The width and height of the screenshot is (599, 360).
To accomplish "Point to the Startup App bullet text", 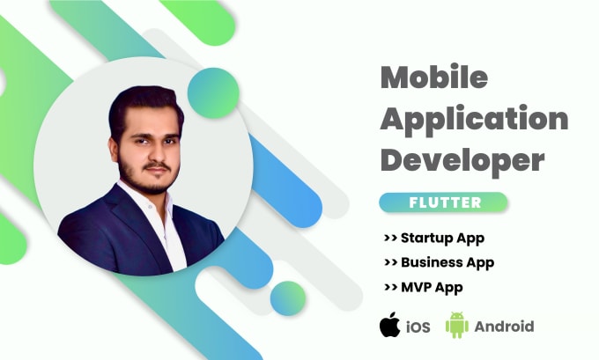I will tap(442, 238).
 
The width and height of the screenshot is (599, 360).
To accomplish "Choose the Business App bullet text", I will tap(447, 262).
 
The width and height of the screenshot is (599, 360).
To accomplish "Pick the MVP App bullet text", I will tap(431, 287).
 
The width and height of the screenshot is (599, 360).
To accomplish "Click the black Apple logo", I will tap(389, 326).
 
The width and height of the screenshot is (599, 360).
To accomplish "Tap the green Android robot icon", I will tap(456, 326).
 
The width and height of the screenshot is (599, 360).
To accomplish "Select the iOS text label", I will tap(418, 327).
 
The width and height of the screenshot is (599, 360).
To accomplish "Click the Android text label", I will tap(504, 327).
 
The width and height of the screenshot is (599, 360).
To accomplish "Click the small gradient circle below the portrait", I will tap(289, 298).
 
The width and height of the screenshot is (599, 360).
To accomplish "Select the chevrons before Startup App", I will tap(389, 239).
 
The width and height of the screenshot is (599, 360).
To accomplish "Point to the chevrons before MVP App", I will tap(389, 288).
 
